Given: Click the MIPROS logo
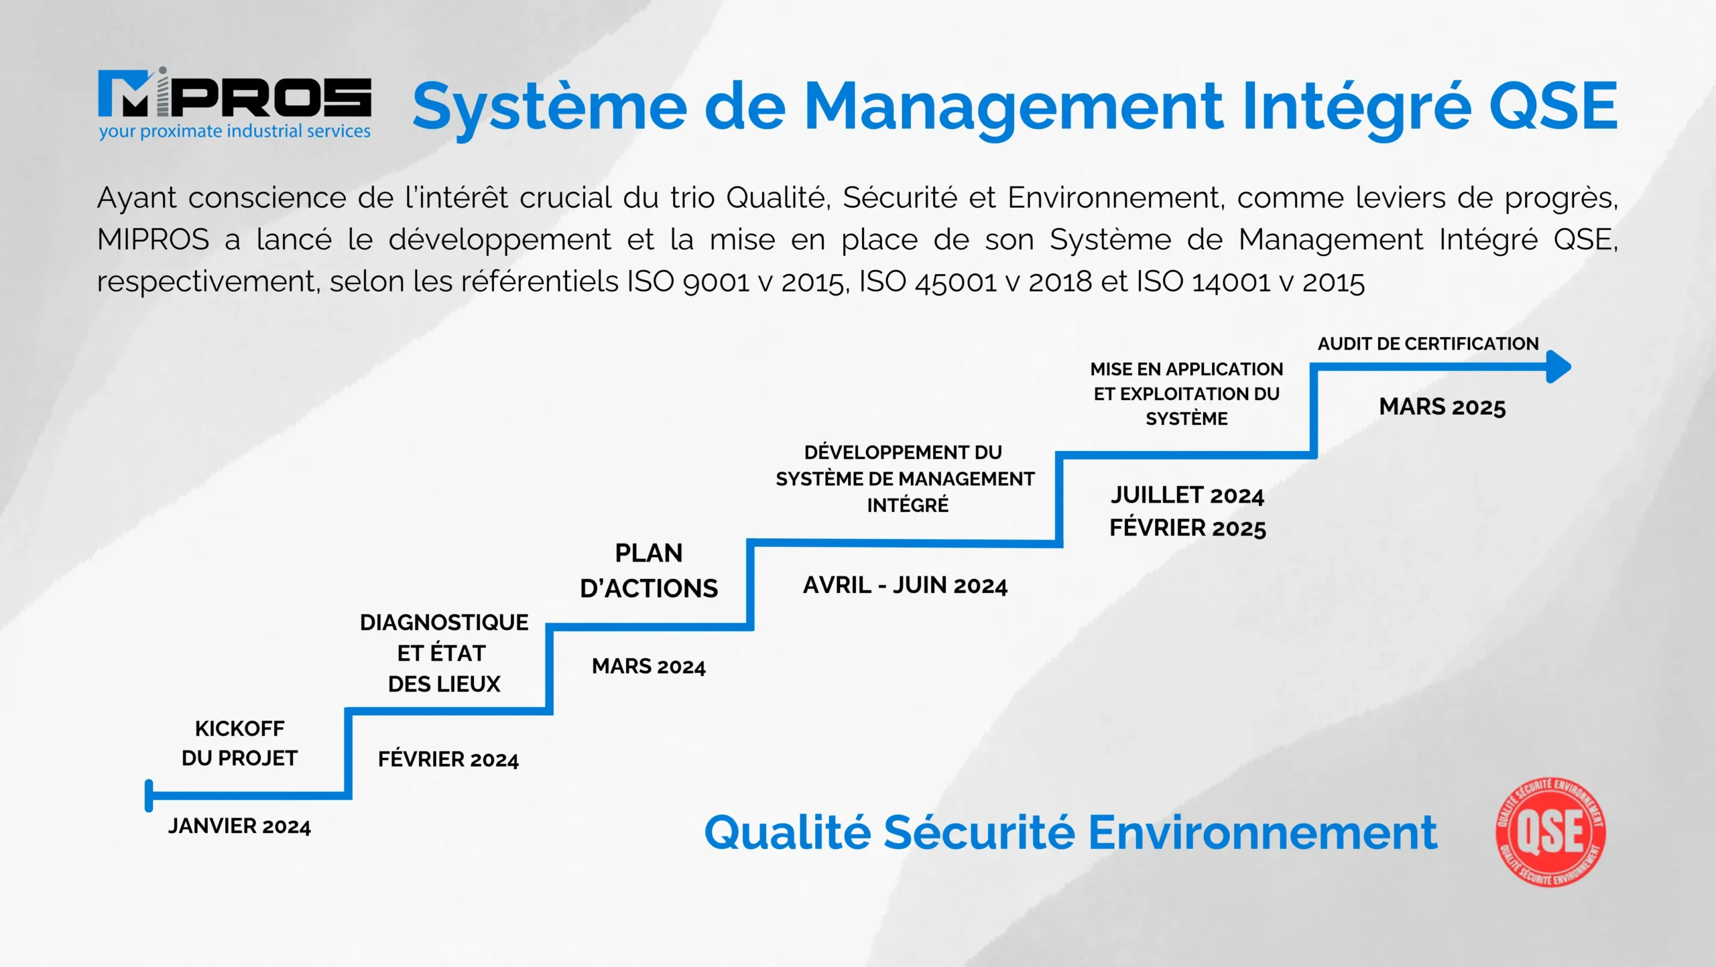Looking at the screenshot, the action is coord(235,103).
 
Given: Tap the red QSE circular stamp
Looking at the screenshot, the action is coord(1550,832).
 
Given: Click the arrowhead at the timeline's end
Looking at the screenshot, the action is coord(1559,367).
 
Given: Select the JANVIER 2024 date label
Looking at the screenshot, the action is coord(239,826).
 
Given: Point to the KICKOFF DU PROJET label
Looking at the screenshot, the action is coord(239,743).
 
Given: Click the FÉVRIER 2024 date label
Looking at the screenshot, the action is coord(448,759).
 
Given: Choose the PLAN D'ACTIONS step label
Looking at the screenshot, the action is coord(649,571).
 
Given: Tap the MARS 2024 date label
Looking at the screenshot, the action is coord(649,666).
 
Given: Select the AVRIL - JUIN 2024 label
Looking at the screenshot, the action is coord(906,585).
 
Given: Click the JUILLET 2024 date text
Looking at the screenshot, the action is coord(1187,495).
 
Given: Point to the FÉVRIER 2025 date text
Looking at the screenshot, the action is coord(1188,528).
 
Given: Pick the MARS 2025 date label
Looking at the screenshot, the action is coord(1443,407).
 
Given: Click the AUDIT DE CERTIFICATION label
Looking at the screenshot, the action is coord(1428,344).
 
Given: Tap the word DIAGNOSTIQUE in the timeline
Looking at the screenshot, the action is coord(444,623).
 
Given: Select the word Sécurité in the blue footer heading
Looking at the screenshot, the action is coord(979,832).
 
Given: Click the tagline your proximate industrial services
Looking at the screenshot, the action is coord(235,131).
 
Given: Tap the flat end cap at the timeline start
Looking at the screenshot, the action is coord(149,796).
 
